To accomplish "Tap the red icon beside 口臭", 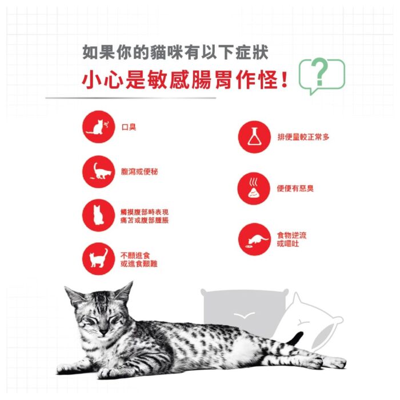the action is [98, 127].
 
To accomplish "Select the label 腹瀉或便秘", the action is [139, 171].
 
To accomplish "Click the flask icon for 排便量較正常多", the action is [254, 137].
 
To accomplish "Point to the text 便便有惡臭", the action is [295, 189].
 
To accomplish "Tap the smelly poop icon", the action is [254, 189].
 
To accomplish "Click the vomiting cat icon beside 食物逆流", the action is [254, 239].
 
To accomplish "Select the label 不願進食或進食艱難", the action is [139, 259].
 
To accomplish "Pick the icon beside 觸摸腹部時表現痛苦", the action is [98, 215].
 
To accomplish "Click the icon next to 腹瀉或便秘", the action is [98, 171].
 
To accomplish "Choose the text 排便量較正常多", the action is [303, 137].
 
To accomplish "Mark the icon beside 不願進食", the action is [98, 259].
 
